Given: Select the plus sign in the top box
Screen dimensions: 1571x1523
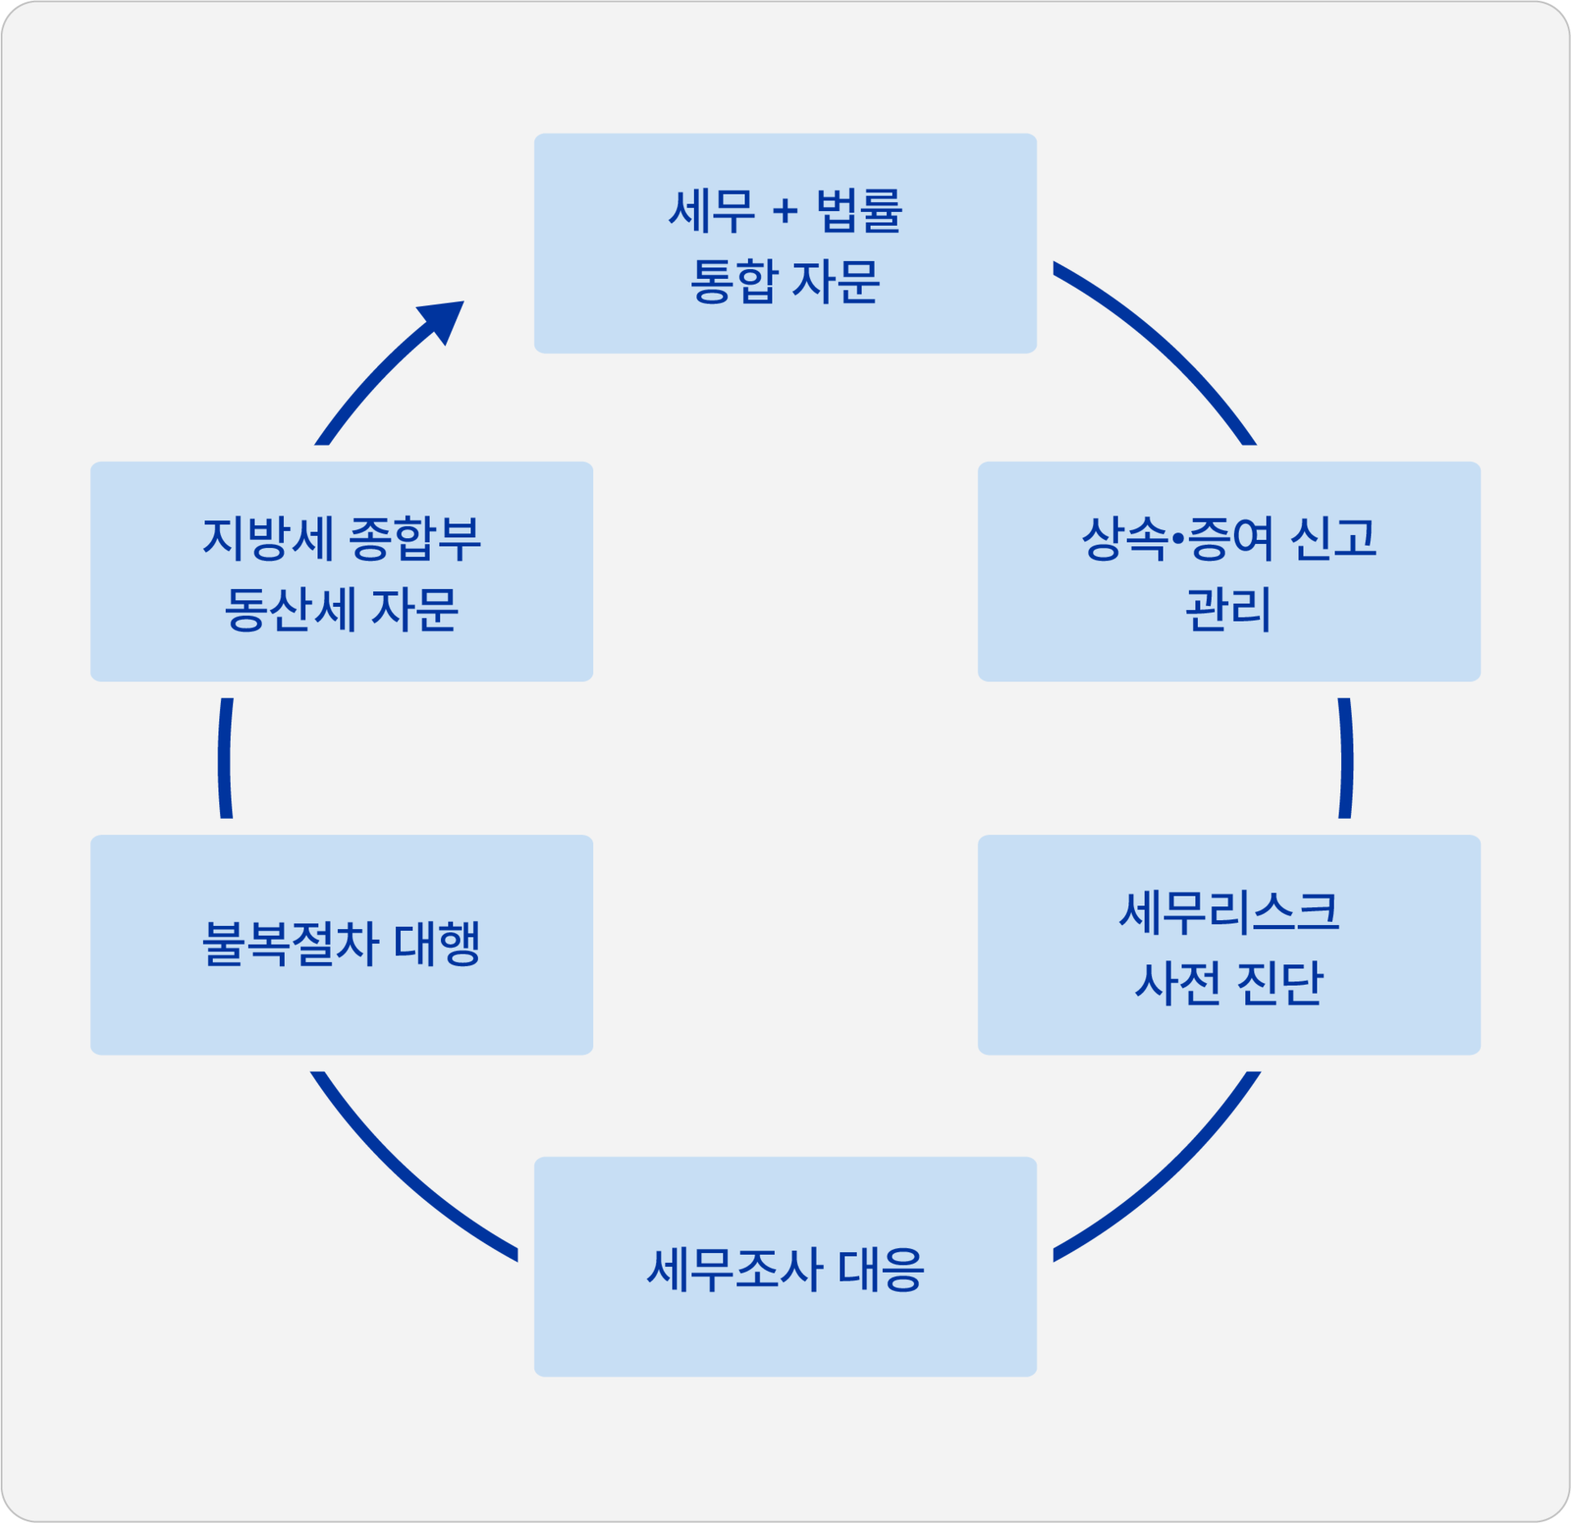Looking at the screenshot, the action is (x=785, y=212).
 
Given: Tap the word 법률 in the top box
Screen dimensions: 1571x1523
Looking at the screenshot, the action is (x=859, y=211).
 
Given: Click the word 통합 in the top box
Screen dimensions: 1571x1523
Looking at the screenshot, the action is (x=732, y=281).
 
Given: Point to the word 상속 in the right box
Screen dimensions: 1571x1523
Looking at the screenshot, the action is (x=1124, y=539).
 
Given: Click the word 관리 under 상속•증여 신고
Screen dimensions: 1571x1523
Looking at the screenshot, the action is (x=1228, y=609).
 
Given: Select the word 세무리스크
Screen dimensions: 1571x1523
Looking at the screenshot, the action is (x=1228, y=912).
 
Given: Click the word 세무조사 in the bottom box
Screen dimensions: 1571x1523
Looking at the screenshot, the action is (x=734, y=1270).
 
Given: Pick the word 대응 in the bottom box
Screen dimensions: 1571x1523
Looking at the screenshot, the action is (x=881, y=1270).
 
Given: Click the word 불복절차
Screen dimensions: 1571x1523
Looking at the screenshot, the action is (x=290, y=944).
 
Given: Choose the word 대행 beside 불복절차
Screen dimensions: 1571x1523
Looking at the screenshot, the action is (x=437, y=944).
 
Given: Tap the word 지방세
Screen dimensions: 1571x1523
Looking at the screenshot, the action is (x=268, y=539).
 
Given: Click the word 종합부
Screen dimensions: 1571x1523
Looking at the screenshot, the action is (x=415, y=539).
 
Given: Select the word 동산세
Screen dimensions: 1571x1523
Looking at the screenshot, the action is (x=290, y=609).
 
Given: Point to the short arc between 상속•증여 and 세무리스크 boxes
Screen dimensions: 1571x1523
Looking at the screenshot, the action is (x=1347, y=758).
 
